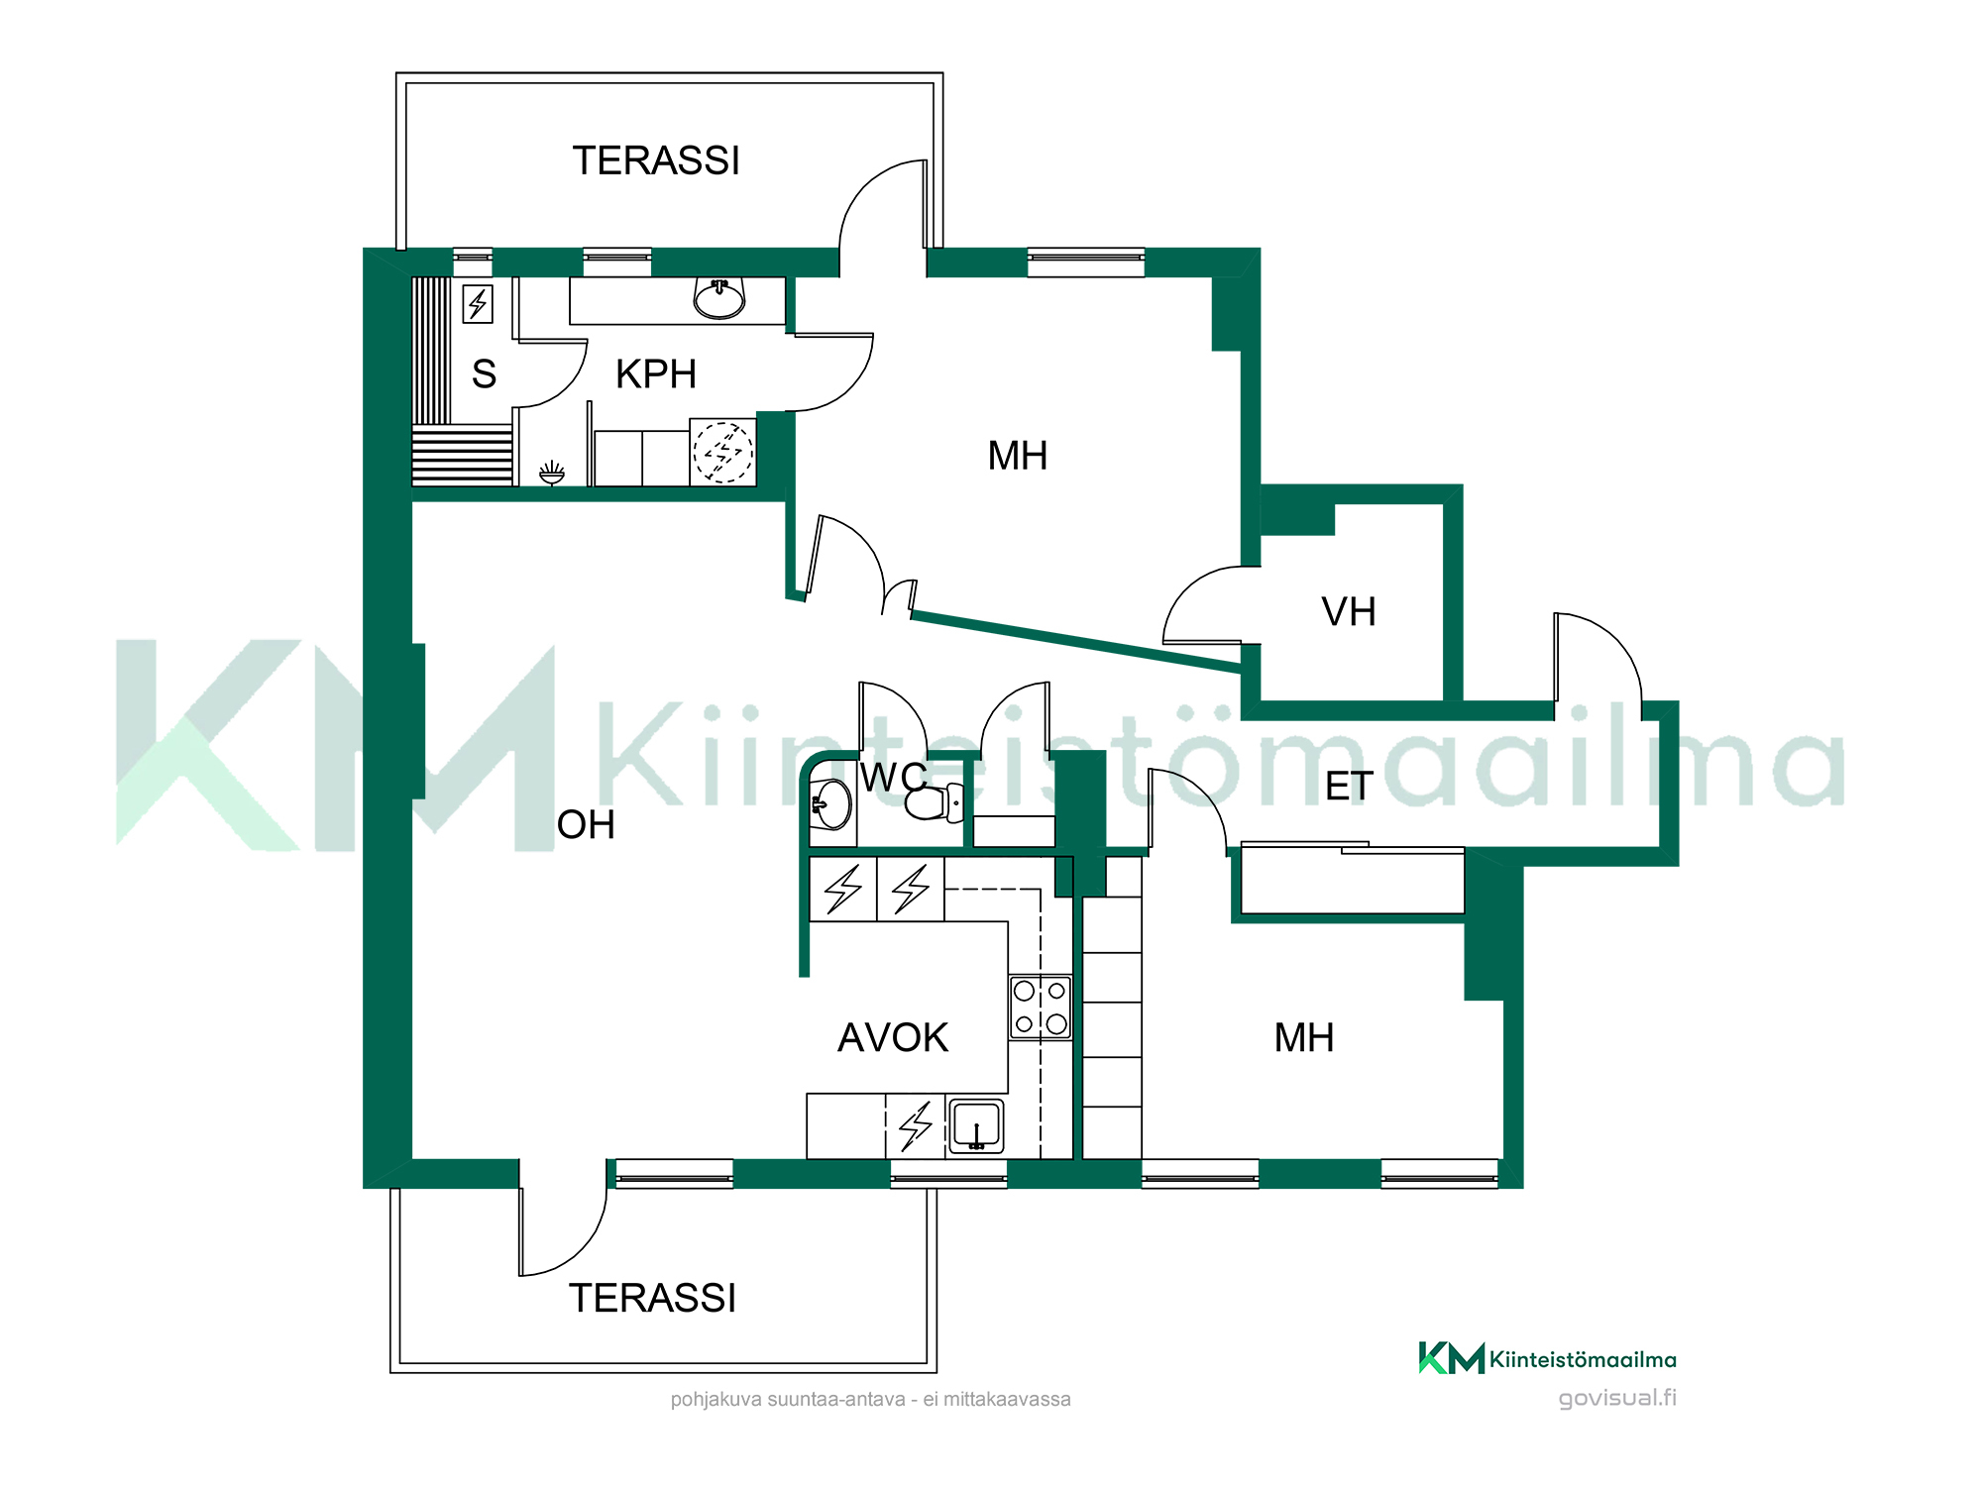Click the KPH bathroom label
pyautogui.click(x=656, y=374)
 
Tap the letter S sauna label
pyautogui.click(x=484, y=374)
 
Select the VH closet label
pyautogui.click(x=1349, y=612)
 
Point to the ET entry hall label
pyautogui.click(x=1349, y=787)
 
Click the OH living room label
pyautogui.click(x=586, y=825)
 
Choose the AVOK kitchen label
pyautogui.click(x=893, y=1038)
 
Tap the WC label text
pyautogui.click(x=894, y=778)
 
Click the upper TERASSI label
pyautogui.click(x=656, y=160)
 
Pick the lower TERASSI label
pyautogui.click(x=652, y=1298)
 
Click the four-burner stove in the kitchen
pyautogui.click(x=1041, y=1008)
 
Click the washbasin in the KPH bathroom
pyautogui.click(x=719, y=298)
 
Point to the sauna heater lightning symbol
pyautogui.click(x=478, y=304)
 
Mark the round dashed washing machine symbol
pyautogui.click(x=722, y=453)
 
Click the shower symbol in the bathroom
pyautogui.click(x=552, y=474)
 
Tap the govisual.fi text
pyautogui.click(x=1617, y=1398)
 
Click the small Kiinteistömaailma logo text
pyautogui.click(x=1583, y=1360)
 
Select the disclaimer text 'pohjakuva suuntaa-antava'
pyautogui.click(x=788, y=1400)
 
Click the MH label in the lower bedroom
pyautogui.click(x=1304, y=1038)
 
